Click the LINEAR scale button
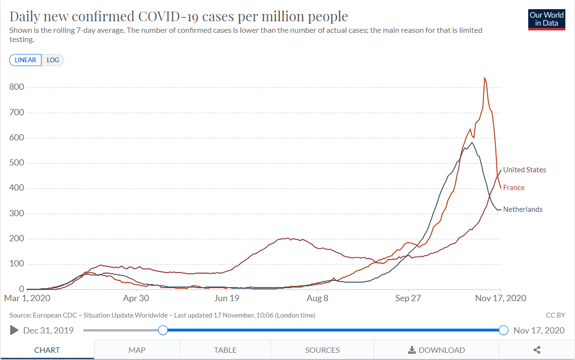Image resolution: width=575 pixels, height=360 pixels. click(x=25, y=60)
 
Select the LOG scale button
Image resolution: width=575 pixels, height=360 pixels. click(x=53, y=60)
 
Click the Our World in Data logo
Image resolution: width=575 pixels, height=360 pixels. click(x=547, y=19)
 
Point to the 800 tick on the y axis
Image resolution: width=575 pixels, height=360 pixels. click(x=16, y=87)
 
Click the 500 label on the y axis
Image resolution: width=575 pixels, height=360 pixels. click(x=16, y=163)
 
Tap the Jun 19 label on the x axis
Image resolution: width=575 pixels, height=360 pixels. click(x=227, y=298)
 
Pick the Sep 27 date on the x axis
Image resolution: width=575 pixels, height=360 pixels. click(x=408, y=298)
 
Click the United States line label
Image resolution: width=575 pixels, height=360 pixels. click(x=524, y=170)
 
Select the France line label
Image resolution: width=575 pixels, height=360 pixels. click(x=513, y=188)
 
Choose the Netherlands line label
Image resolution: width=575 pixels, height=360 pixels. click(x=522, y=209)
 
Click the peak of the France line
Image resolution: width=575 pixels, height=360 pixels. click(x=484, y=78)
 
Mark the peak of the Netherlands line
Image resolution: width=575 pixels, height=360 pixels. click(x=471, y=143)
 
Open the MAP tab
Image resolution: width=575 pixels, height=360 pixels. click(x=137, y=350)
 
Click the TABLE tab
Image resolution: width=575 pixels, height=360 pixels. click(x=225, y=350)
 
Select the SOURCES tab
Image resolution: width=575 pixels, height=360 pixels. click(x=322, y=350)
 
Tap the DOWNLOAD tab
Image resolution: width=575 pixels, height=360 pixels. click(x=437, y=350)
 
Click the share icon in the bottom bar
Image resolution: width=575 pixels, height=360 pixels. click(x=537, y=350)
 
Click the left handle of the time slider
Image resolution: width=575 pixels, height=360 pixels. click(x=163, y=330)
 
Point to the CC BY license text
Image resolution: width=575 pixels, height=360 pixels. click(x=555, y=315)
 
